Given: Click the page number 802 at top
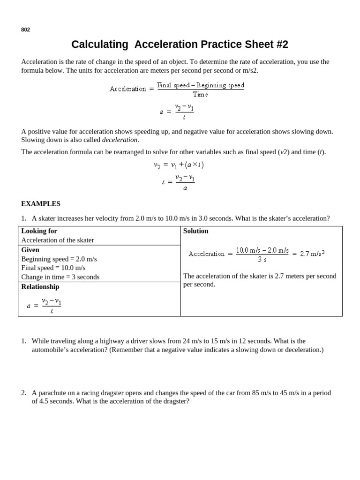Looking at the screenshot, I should pos(25,30).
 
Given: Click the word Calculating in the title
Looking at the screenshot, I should pos(99,45).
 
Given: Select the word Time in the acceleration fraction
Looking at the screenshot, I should pos(200,94).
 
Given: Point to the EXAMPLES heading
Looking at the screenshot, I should pos(41,204).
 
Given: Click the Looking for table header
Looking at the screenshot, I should pos(39,231).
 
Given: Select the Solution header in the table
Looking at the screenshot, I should pos(195,231).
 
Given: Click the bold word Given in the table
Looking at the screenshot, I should pos(30,250).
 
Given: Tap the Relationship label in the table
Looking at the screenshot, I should pos(40,286).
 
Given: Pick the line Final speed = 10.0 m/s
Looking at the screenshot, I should pos(53,268).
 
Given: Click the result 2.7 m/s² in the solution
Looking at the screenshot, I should pos(312,253).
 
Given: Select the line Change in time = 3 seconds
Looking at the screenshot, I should pos(60,277).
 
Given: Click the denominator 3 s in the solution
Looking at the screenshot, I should pos(262,259).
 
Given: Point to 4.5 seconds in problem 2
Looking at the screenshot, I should pos(49,402).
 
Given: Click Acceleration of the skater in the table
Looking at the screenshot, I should pos(58,240).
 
